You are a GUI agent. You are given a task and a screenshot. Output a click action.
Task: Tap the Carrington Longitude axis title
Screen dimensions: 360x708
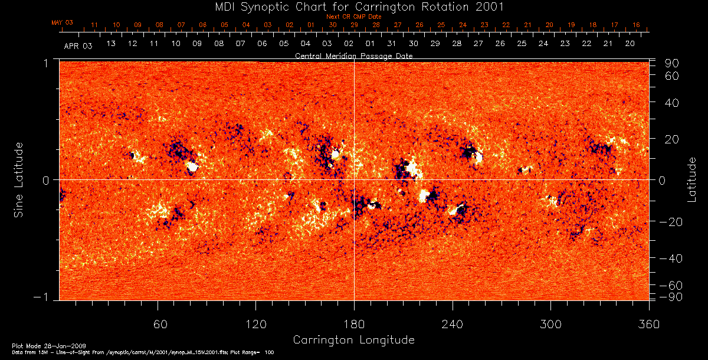coord(353,340)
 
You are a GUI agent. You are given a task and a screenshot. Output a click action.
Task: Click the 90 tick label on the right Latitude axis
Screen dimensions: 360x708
coord(673,63)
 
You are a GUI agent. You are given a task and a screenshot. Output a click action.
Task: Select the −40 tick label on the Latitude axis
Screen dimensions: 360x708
coord(671,258)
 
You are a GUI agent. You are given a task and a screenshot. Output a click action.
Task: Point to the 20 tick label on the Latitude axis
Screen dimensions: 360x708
coord(673,139)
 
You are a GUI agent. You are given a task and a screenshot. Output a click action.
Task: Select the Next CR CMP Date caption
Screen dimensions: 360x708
coord(354,17)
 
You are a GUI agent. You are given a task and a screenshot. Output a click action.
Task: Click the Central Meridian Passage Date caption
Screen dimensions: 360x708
coord(354,55)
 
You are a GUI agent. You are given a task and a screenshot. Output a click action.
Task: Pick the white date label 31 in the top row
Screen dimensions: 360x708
coord(392,44)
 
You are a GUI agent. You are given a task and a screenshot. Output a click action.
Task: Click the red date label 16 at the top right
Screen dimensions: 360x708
coord(636,25)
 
